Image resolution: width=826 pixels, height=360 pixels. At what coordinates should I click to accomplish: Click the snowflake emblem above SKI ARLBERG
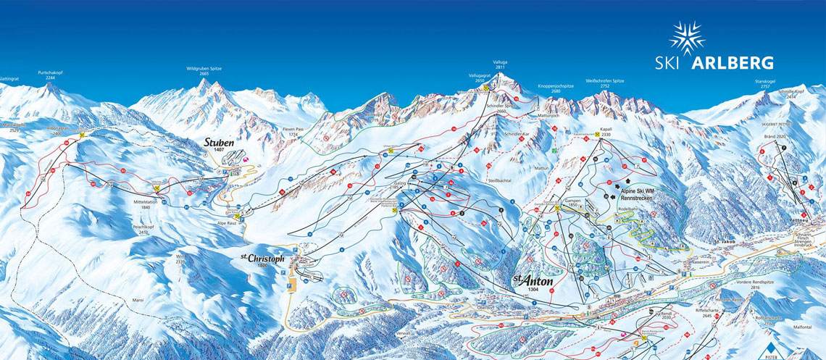tap(686, 37)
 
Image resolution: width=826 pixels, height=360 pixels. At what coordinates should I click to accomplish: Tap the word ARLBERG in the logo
tap(733, 62)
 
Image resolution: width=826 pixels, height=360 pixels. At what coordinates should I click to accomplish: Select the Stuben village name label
tap(219, 142)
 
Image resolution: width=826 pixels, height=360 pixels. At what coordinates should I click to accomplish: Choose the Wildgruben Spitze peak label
tap(204, 70)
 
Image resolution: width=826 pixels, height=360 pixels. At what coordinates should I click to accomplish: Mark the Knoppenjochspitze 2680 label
tap(555, 88)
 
